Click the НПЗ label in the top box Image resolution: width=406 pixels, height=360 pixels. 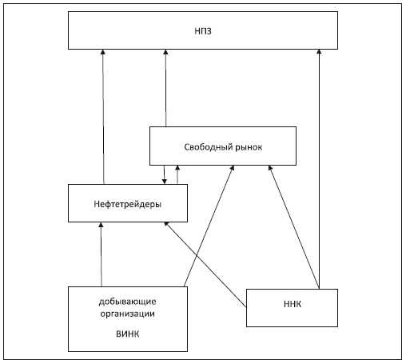click(203, 31)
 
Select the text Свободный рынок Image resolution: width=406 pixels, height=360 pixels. click(223, 147)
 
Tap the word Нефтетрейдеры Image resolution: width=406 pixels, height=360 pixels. click(128, 204)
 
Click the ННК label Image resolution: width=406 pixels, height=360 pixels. click(293, 304)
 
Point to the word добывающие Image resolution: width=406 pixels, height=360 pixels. click(128, 302)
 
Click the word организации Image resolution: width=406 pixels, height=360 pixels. click(128, 314)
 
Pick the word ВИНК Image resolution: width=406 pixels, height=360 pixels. click(128, 334)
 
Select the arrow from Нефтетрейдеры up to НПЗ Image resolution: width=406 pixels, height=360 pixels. click(103, 117)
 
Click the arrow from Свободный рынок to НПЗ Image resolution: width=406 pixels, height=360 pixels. click(165, 88)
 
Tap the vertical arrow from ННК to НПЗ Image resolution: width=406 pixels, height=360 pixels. click(319, 169)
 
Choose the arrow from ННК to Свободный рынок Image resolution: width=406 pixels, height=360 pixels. click(294, 227)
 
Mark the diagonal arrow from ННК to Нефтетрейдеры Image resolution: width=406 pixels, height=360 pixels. click(205, 265)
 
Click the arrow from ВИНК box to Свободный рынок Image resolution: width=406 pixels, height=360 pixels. click(209, 226)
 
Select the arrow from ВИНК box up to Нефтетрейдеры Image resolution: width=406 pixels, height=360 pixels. click(101, 254)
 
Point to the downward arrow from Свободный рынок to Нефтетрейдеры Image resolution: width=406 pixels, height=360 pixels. click(165, 174)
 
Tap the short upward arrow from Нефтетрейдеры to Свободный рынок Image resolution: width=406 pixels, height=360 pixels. click(177, 174)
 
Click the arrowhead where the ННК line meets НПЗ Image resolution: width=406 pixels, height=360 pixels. click(319, 52)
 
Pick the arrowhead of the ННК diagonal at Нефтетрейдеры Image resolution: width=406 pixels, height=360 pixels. click(166, 224)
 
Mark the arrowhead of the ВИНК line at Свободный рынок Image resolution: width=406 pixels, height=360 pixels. click(233, 168)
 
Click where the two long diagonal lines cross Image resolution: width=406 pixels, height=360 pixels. click(197, 256)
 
